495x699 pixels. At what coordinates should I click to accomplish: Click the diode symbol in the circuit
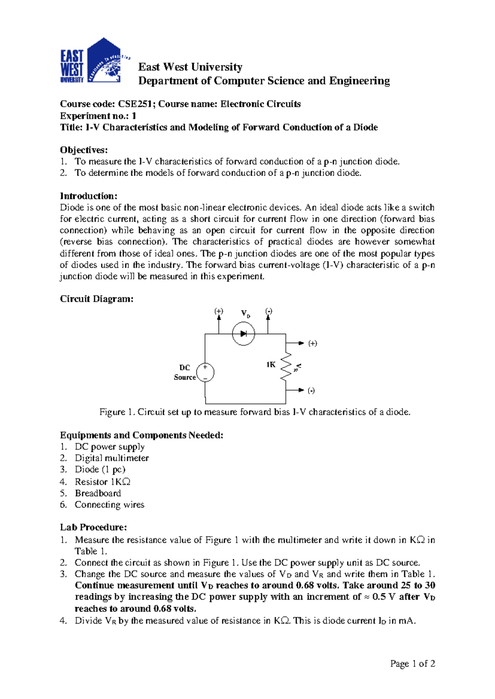coord(243,334)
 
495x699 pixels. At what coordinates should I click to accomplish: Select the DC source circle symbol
coord(205,372)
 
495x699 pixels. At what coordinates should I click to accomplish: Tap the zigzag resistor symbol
coord(286,366)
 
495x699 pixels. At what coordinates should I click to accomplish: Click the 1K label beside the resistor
coord(271,365)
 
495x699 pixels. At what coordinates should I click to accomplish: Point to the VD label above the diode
coord(245,314)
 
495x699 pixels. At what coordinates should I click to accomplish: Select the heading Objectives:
coord(84,150)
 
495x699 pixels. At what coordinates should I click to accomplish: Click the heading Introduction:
coord(89,196)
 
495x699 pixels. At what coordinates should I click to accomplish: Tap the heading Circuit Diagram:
coord(97,299)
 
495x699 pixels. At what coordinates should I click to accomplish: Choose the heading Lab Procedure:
coord(93,528)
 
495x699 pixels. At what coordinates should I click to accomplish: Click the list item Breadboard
coord(98,493)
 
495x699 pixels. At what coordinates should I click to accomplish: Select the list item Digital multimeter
coord(111,458)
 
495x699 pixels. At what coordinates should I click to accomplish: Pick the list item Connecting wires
coord(109,505)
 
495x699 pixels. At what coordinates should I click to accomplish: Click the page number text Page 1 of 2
coord(412,664)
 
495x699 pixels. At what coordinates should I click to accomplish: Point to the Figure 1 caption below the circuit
coord(255,412)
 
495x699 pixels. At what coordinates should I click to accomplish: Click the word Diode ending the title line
coord(365,127)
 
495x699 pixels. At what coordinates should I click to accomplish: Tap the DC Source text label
coord(184,373)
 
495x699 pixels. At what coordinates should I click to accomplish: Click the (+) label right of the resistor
coord(313,343)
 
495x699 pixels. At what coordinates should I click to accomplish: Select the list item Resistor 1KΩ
coord(102,482)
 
